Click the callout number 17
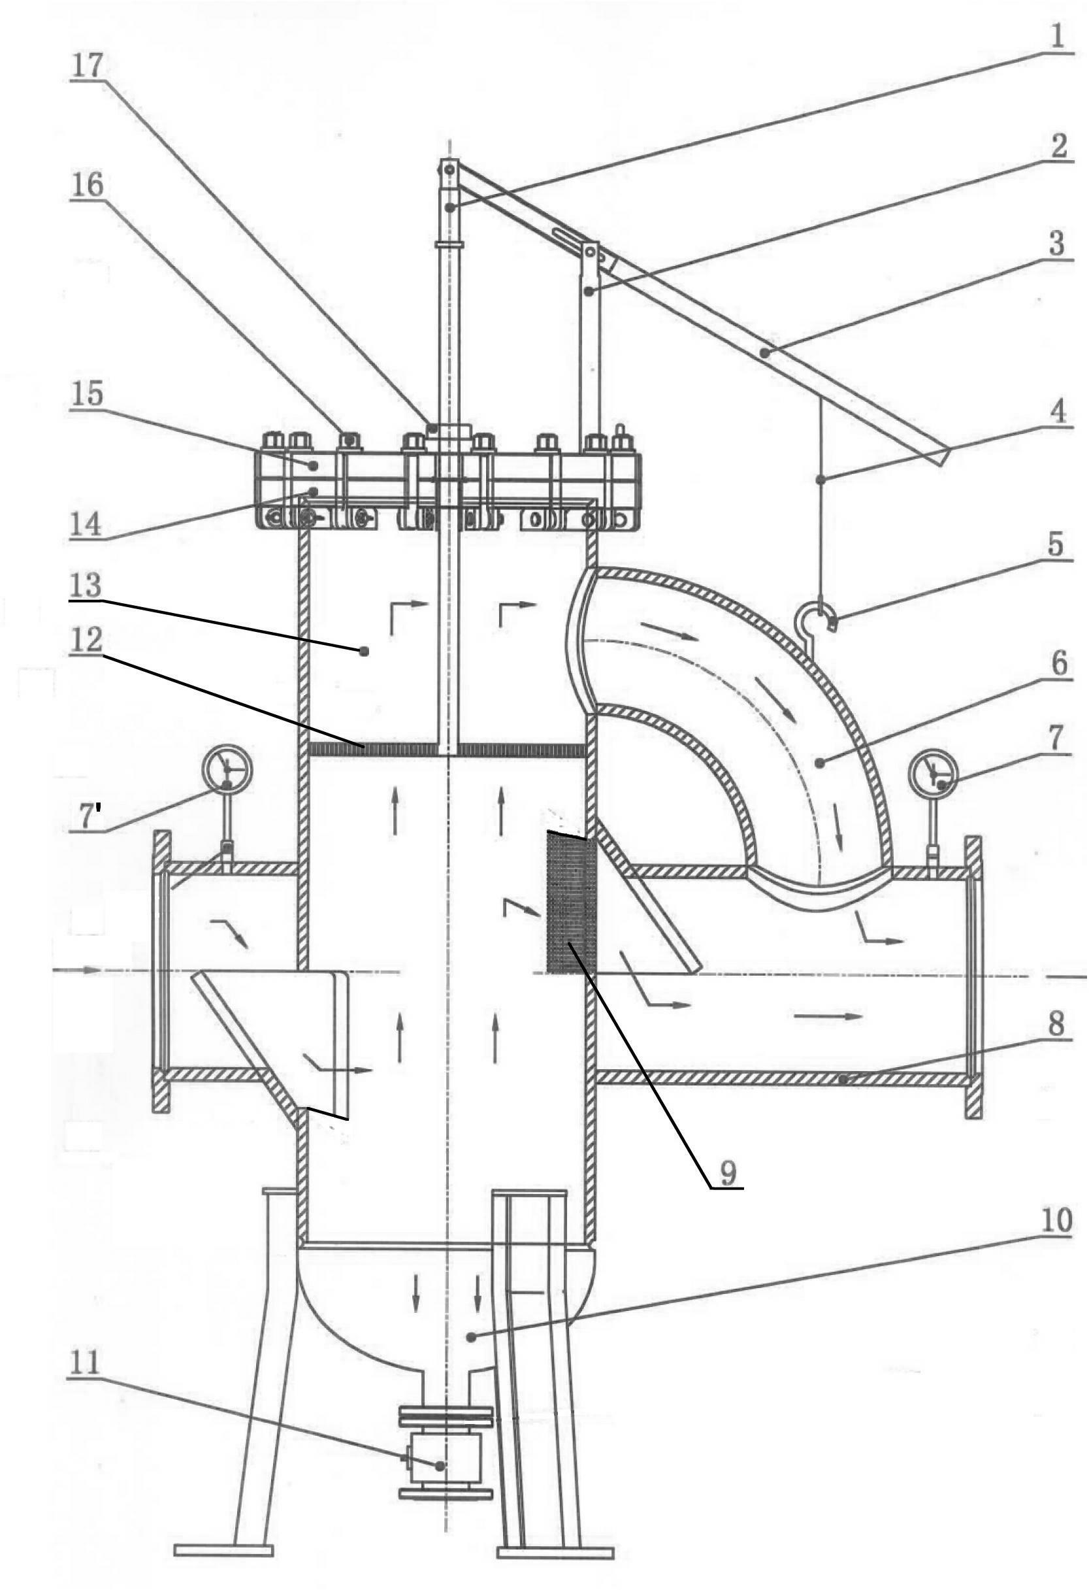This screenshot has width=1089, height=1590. click(87, 66)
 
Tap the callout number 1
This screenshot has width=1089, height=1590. click(1058, 38)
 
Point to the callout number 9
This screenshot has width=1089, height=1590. click(727, 1172)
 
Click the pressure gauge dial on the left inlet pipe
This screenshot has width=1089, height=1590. click(228, 770)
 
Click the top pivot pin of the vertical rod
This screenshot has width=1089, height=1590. click(449, 167)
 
